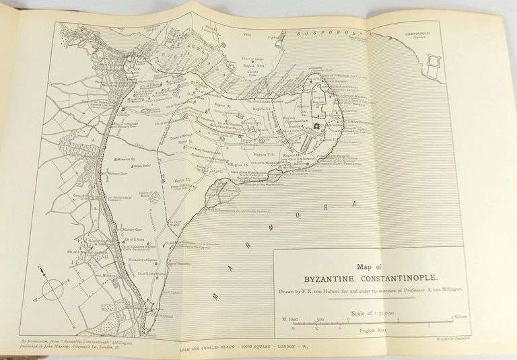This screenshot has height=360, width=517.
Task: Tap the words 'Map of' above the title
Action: coord(369,264)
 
